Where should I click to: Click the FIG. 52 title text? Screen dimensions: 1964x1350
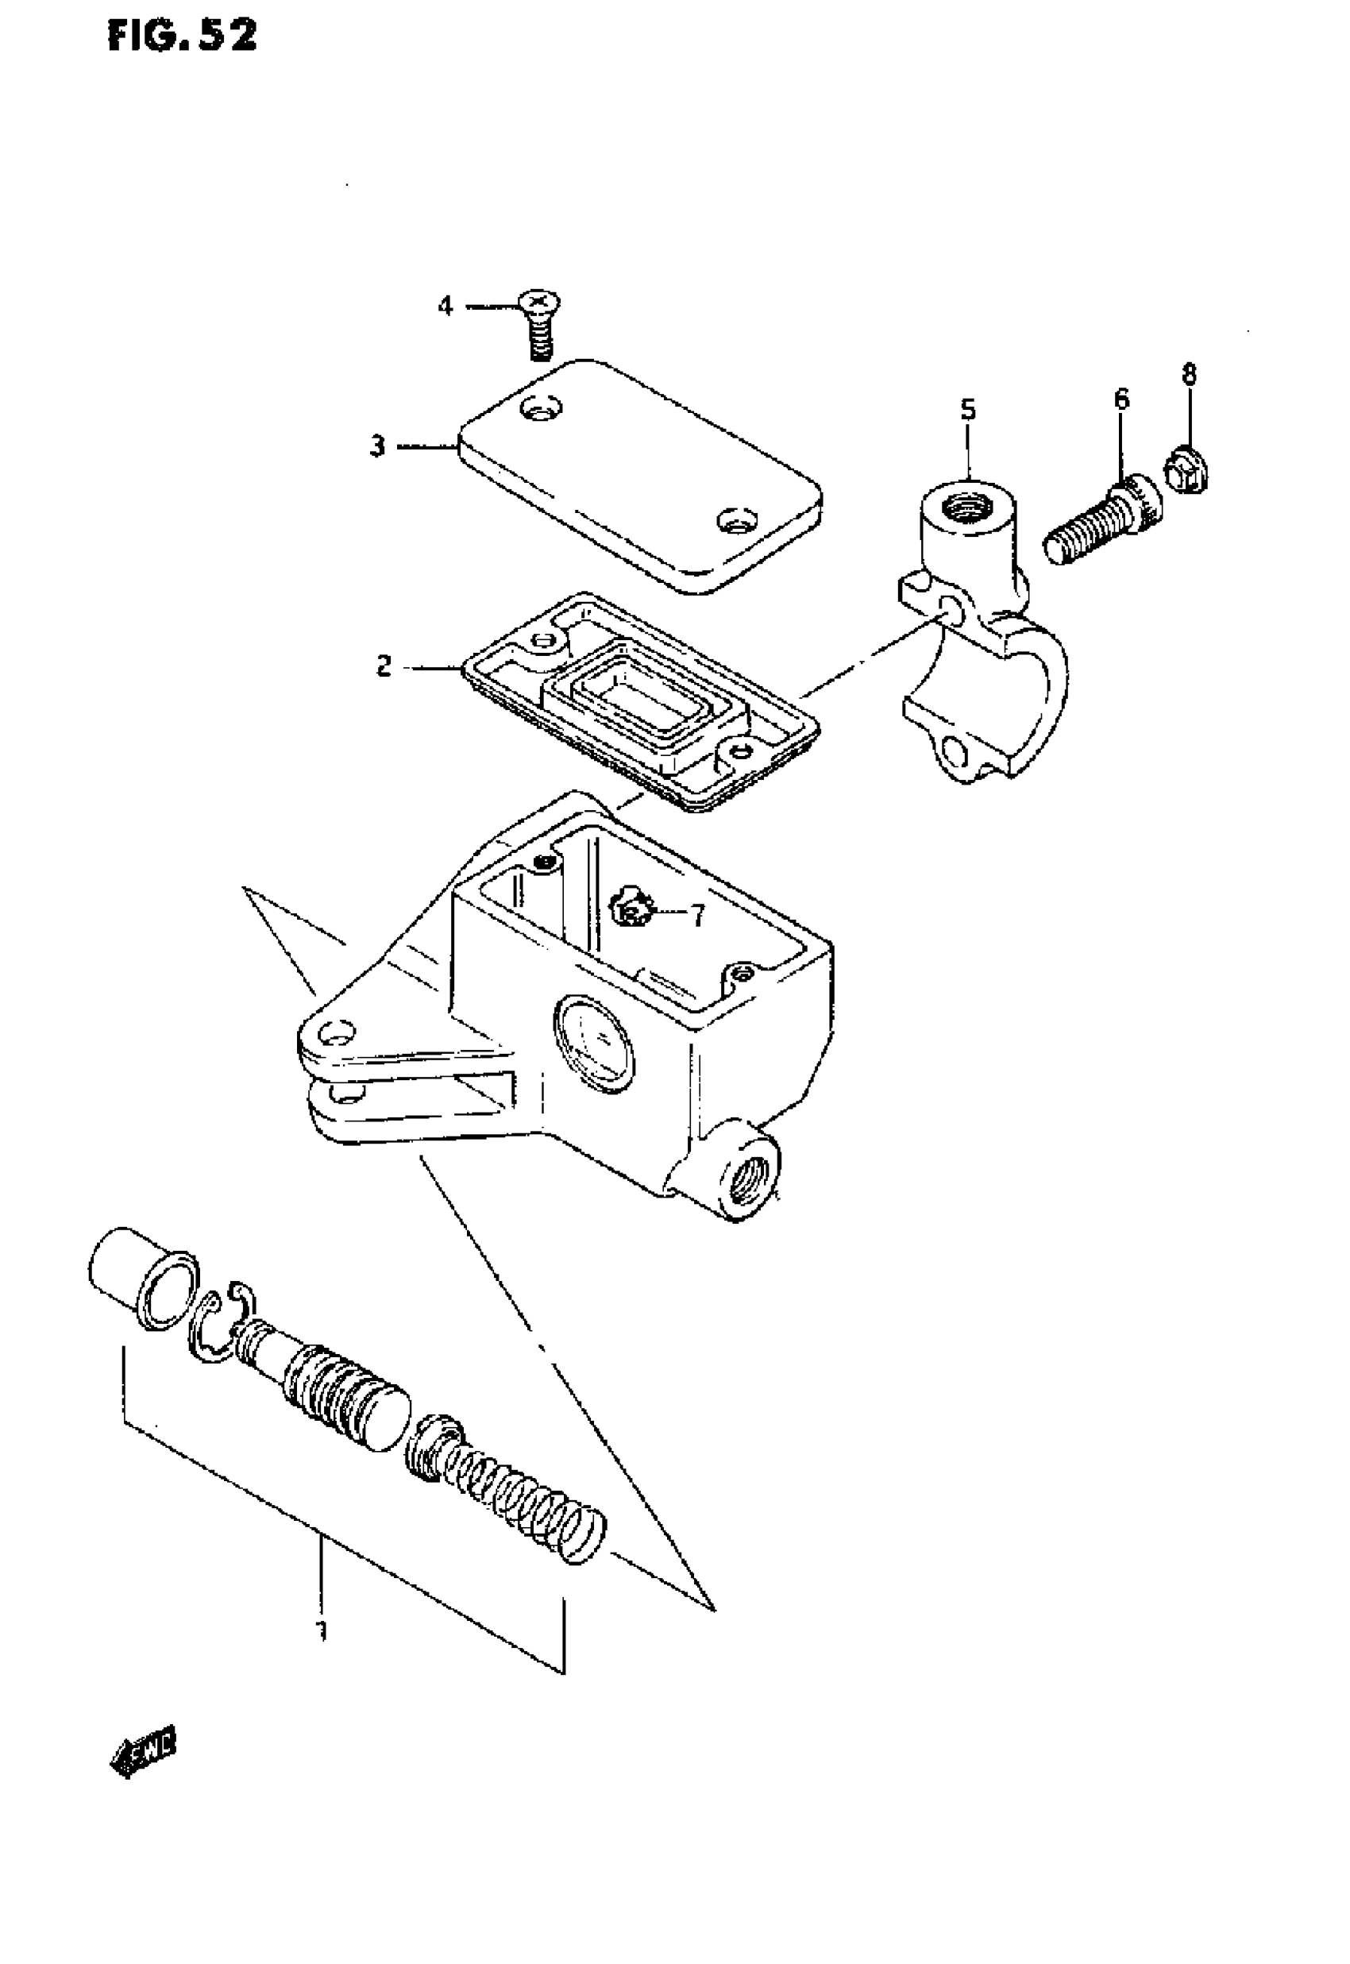tap(182, 37)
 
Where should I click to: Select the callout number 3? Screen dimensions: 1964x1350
tap(377, 446)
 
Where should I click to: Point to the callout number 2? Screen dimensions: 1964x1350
tap(384, 667)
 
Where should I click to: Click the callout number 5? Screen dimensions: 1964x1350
tap(968, 411)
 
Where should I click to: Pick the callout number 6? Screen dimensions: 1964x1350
tap(1121, 399)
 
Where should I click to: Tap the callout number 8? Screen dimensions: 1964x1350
tap(1190, 373)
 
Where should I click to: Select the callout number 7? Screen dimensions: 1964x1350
tap(697, 915)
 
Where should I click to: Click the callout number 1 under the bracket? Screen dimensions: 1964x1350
tap(321, 1628)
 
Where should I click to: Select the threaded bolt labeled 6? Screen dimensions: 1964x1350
tap(1102, 522)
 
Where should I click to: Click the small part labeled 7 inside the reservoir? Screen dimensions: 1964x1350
tap(631, 911)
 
